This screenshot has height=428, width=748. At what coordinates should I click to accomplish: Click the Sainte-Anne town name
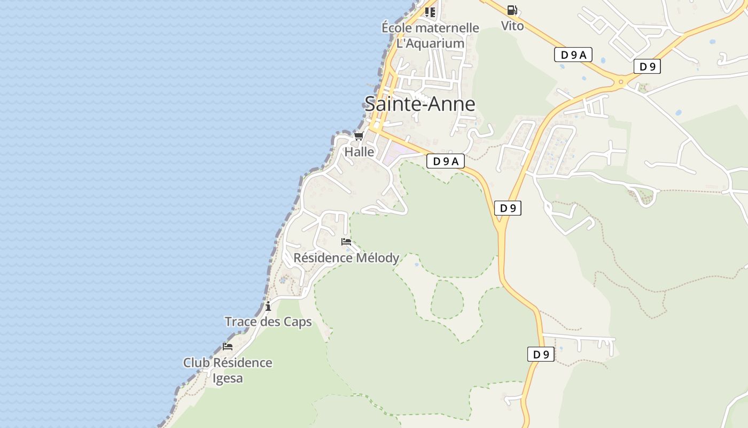pyautogui.click(x=419, y=103)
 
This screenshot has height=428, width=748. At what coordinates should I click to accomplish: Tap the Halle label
pyautogui.click(x=359, y=152)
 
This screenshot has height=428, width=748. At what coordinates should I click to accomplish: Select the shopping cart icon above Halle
pyautogui.click(x=359, y=136)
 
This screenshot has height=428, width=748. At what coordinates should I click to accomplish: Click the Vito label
pyautogui.click(x=512, y=26)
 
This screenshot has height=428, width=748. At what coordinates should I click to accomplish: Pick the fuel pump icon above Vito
pyautogui.click(x=512, y=10)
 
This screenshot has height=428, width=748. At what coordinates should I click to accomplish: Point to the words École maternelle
pyautogui.click(x=430, y=28)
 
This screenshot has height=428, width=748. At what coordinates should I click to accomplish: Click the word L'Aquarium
pyautogui.click(x=430, y=43)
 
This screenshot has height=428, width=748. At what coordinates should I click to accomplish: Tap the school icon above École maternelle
pyautogui.click(x=430, y=12)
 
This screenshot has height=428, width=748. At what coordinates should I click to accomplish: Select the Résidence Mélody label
pyautogui.click(x=346, y=258)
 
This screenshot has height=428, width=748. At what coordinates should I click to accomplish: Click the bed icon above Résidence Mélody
pyautogui.click(x=346, y=242)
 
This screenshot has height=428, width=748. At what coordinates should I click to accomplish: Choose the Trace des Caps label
pyautogui.click(x=268, y=322)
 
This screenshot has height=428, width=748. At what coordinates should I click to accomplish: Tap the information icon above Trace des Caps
pyautogui.click(x=268, y=307)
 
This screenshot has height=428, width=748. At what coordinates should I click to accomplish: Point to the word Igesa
pyautogui.click(x=228, y=378)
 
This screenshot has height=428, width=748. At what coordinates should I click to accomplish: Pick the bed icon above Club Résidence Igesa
pyautogui.click(x=228, y=347)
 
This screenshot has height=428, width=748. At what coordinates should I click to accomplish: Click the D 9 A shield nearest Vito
pyautogui.click(x=573, y=55)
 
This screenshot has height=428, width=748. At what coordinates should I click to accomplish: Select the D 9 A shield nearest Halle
pyautogui.click(x=445, y=161)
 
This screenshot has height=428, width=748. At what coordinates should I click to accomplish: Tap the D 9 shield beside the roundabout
pyautogui.click(x=647, y=66)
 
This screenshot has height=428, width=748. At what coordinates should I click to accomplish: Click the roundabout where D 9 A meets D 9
pyautogui.click(x=621, y=82)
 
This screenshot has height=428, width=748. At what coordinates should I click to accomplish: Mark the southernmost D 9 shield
pyautogui.click(x=541, y=354)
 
